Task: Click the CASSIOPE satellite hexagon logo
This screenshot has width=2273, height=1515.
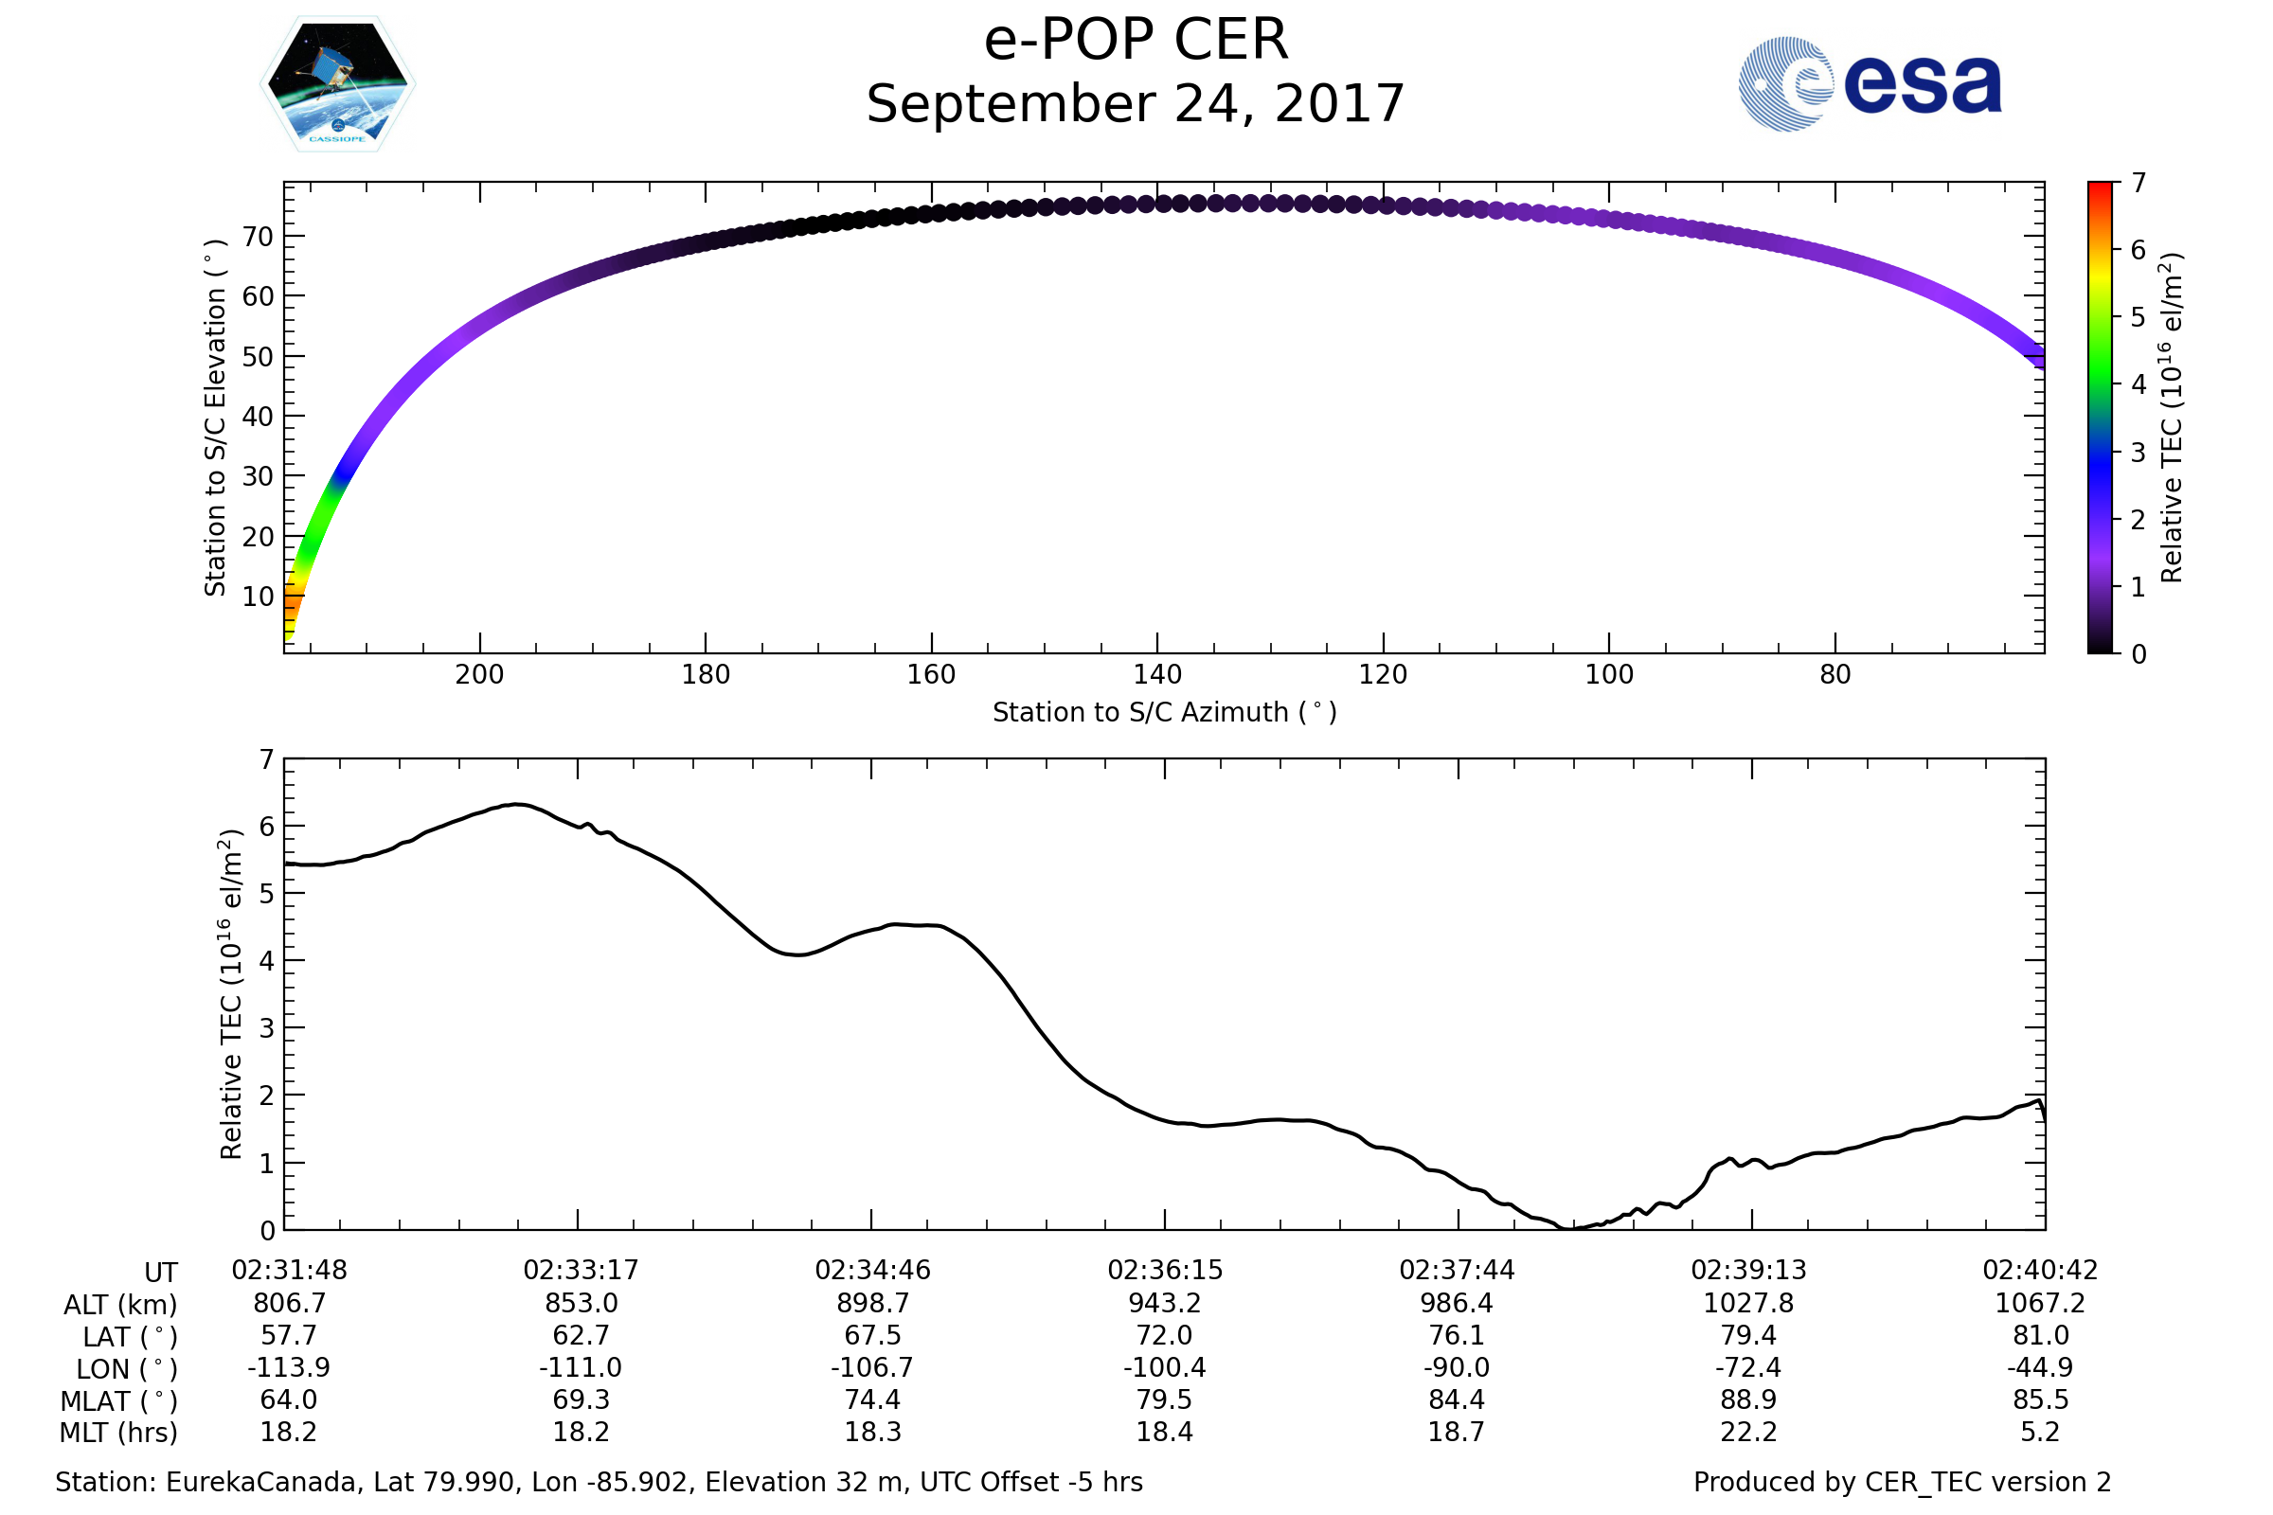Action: point(337,84)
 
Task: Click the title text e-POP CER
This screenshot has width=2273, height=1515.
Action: point(1136,41)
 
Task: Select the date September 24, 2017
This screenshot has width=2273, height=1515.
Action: point(1136,104)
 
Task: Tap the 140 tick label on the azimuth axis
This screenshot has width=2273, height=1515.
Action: point(1156,674)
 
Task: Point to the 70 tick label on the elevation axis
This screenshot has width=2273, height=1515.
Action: point(258,237)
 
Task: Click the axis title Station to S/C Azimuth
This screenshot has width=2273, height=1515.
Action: point(1165,712)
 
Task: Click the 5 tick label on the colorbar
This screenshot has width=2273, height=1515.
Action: point(2138,317)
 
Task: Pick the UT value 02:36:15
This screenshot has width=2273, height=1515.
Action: point(1165,1270)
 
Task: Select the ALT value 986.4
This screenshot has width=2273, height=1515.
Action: point(1457,1303)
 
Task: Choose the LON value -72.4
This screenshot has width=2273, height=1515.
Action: point(1748,1367)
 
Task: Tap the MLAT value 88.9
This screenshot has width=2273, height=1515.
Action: point(1748,1399)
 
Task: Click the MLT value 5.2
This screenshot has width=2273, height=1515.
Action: point(2040,1431)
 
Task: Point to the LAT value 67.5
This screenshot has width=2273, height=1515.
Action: point(872,1335)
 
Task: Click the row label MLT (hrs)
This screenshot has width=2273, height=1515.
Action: point(119,1432)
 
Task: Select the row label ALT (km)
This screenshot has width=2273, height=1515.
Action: point(121,1305)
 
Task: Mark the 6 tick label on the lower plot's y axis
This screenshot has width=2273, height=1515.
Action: point(267,826)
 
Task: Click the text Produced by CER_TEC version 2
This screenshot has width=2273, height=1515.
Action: point(1902,1482)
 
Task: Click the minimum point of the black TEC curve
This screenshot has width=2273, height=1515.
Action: point(1567,1228)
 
